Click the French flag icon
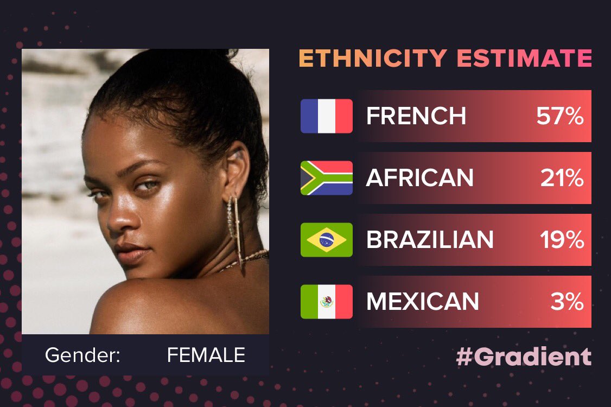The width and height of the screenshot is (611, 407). (x=327, y=116)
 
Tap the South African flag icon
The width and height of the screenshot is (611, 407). (x=327, y=178)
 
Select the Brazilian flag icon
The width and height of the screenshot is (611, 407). (x=327, y=240)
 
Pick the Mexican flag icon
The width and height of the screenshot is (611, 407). (x=327, y=302)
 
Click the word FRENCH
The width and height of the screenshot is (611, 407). (x=416, y=116)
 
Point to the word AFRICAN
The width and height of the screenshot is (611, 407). (x=419, y=178)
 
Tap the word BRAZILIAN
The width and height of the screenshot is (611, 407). (x=430, y=240)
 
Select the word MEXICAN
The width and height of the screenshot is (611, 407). (x=422, y=302)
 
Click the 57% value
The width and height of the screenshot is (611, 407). (x=560, y=116)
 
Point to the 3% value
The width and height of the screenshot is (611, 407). (x=567, y=302)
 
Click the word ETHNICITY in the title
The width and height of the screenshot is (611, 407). (x=373, y=58)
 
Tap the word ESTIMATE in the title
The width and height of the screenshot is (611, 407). (x=524, y=58)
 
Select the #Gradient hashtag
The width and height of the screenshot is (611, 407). (x=524, y=357)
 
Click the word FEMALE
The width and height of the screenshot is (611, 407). (x=206, y=355)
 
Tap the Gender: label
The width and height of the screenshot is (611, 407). (x=82, y=355)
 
